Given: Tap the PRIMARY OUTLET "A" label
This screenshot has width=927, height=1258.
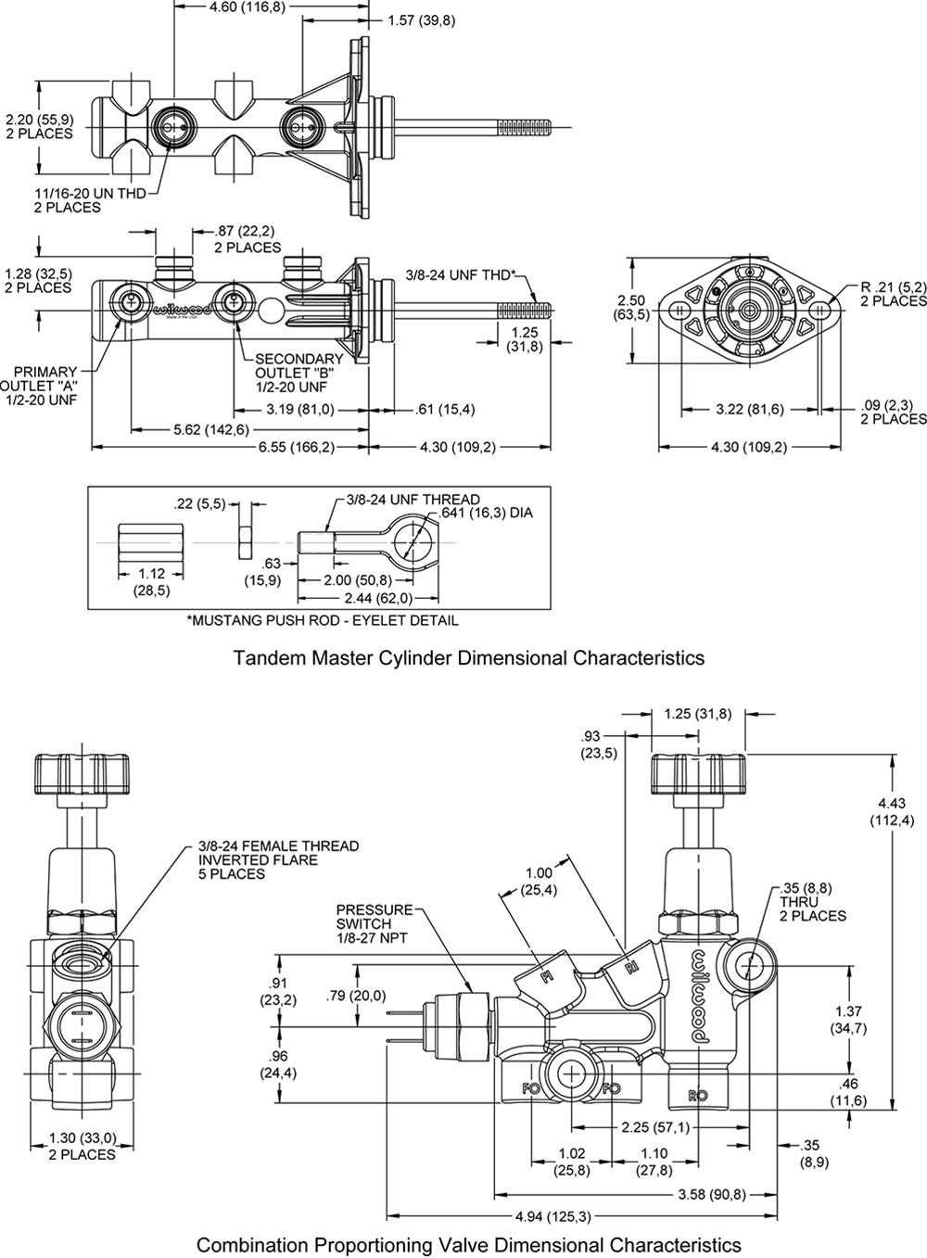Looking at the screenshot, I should point(39,386).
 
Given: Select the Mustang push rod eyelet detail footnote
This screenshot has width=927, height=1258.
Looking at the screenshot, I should point(322,620).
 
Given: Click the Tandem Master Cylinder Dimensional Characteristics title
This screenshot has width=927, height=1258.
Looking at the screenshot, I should point(468,658).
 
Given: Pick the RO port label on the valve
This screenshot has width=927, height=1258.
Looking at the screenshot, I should point(698,1095).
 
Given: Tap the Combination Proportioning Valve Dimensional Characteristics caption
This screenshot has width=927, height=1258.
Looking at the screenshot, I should point(468,1243).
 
